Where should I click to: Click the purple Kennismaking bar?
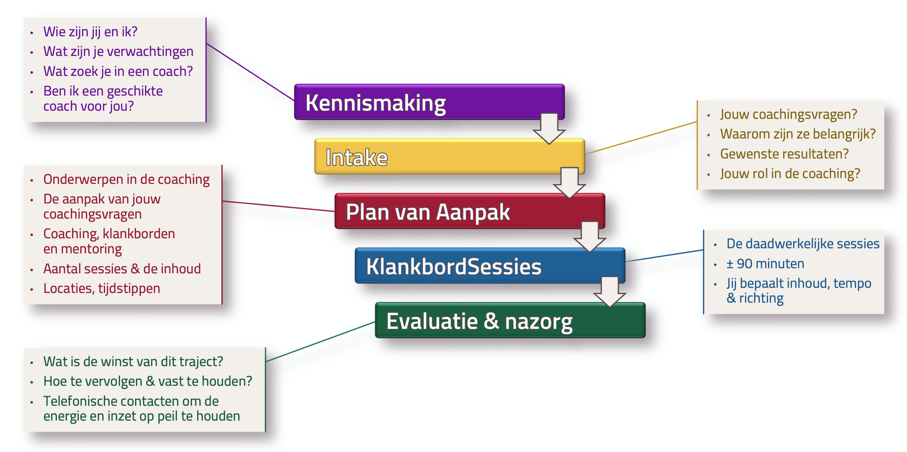(429, 102)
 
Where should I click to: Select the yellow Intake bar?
(449, 156)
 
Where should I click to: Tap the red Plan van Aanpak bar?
(470, 211)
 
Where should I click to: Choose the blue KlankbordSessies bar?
(490, 266)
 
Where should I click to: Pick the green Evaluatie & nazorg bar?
(510, 320)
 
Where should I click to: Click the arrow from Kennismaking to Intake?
(549, 128)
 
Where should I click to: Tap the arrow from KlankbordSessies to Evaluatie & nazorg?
(610, 292)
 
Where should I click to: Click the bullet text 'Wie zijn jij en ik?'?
(90, 32)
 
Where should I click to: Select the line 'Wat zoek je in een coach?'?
(118, 71)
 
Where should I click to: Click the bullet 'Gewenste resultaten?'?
(784, 154)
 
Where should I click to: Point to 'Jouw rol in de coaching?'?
(790, 174)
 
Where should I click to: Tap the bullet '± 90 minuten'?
(765, 264)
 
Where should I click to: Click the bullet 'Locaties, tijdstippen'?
(101, 288)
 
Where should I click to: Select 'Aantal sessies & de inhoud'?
(122, 269)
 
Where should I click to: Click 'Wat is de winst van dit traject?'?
(133, 362)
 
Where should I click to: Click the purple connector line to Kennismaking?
(250, 72)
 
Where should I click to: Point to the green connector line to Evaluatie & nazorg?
(320, 342)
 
